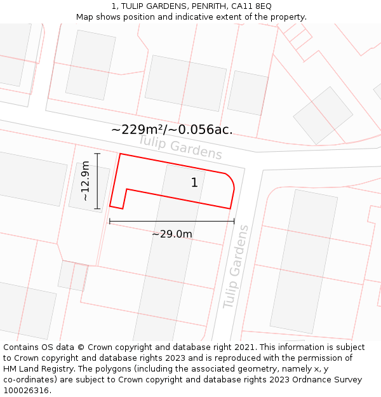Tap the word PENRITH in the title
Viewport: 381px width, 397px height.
coord(197,6)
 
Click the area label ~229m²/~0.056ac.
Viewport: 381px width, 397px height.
coord(172,130)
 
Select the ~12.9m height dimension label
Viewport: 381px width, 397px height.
coord(86,181)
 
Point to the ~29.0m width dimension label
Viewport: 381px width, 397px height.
coord(172,234)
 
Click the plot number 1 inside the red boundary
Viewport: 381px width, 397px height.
coord(194,183)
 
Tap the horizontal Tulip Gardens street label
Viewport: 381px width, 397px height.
coord(180,147)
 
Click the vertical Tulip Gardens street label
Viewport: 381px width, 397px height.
coord(236,267)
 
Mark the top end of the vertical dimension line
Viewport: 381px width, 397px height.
coord(97,154)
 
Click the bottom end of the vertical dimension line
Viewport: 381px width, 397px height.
coord(97,208)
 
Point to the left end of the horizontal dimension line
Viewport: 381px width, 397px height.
coord(110,221)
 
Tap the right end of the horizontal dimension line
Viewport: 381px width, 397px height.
coord(234,221)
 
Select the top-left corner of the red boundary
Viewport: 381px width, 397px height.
coord(120,154)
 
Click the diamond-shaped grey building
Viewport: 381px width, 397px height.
coord(323,115)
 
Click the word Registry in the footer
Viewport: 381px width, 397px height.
coord(54,369)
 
